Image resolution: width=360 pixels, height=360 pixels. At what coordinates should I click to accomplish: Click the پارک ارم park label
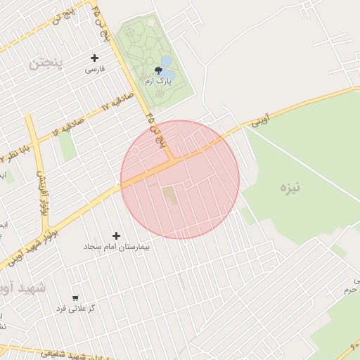pos(158,82)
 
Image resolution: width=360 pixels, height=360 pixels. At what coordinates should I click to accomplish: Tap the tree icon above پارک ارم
pos(157,70)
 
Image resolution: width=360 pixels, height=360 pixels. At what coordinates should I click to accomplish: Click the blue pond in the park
pos(167,68)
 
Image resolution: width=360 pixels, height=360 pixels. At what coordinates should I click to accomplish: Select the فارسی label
pos(95,70)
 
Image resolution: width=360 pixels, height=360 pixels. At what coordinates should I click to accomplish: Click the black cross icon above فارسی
pos(95,58)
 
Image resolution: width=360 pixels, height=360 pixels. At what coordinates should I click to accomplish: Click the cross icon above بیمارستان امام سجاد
pos(116,236)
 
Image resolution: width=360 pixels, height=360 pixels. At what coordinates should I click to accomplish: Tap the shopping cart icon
pos(75,298)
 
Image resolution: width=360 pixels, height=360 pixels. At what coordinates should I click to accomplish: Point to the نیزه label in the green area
pos(290,188)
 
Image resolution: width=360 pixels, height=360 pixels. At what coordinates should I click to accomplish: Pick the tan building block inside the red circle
pos(171,196)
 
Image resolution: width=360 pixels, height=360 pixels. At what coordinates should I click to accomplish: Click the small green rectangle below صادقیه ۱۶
pos(67,146)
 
